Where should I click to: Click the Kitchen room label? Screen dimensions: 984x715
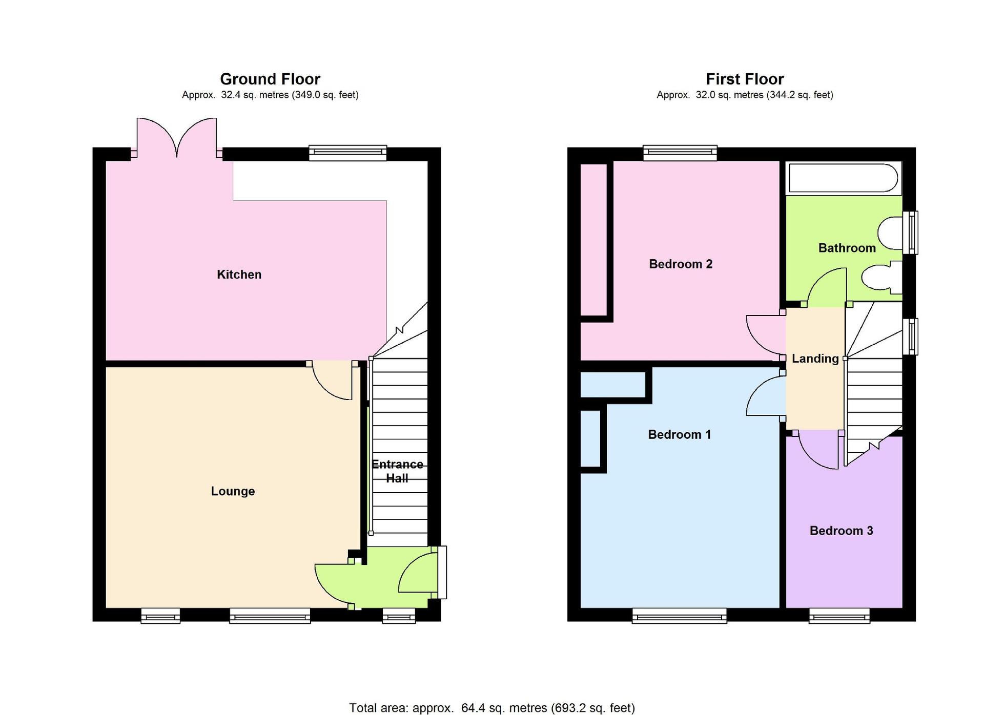(239, 275)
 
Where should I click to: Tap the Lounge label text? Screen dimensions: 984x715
(233, 491)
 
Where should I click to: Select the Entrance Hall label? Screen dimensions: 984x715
(397, 471)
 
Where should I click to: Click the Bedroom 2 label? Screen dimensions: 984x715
(681, 264)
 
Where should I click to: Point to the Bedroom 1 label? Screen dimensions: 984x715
(680, 434)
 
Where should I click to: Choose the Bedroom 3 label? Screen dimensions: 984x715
(841, 531)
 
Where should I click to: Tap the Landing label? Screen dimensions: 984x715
(815, 359)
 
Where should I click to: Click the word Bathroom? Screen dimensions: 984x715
(847, 248)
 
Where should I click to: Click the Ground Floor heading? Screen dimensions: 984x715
(270, 79)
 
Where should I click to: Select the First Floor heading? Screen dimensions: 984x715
(745, 79)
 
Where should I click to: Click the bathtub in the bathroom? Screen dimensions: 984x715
(843, 178)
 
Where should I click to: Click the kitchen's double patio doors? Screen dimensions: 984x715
(177, 137)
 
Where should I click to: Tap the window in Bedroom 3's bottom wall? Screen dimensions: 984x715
(839, 616)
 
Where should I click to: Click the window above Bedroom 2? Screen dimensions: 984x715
(680, 153)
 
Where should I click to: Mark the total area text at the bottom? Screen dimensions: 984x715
(492, 708)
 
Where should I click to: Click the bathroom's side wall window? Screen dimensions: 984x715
(910, 233)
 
